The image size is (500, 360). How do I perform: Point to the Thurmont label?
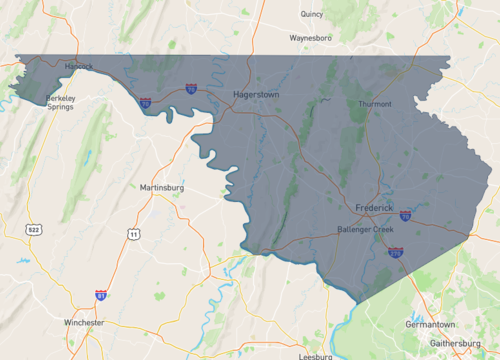click(375, 104)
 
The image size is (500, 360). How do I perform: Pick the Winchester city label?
click(84, 323)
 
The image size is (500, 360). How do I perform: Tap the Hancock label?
click(78, 67)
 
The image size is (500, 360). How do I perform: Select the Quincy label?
click(312, 14)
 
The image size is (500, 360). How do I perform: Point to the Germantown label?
click(431, 325)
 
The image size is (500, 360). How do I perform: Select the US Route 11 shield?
click(133, 234)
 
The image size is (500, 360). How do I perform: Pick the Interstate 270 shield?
click(396, 253)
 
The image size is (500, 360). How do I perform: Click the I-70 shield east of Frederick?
click(405, 215)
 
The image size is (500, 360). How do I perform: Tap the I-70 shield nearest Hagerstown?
click(190, 88)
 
